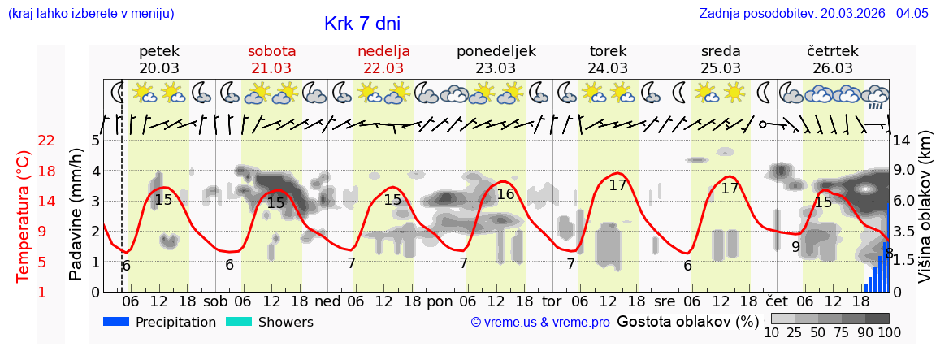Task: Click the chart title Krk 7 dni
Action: pos(362,24)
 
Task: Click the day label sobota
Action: pos(271,51)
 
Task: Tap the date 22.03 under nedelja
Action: pos(383,68)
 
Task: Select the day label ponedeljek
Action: pos(496,51)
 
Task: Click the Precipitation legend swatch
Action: pos(117,322)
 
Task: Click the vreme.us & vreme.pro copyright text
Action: pos(540,323)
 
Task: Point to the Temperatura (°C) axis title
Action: pos(24,216)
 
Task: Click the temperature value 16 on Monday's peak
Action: pos(505,194)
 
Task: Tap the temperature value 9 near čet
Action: pos(795,247)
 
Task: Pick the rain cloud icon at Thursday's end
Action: pos(875,97)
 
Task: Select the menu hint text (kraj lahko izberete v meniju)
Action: pos(91,14)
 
